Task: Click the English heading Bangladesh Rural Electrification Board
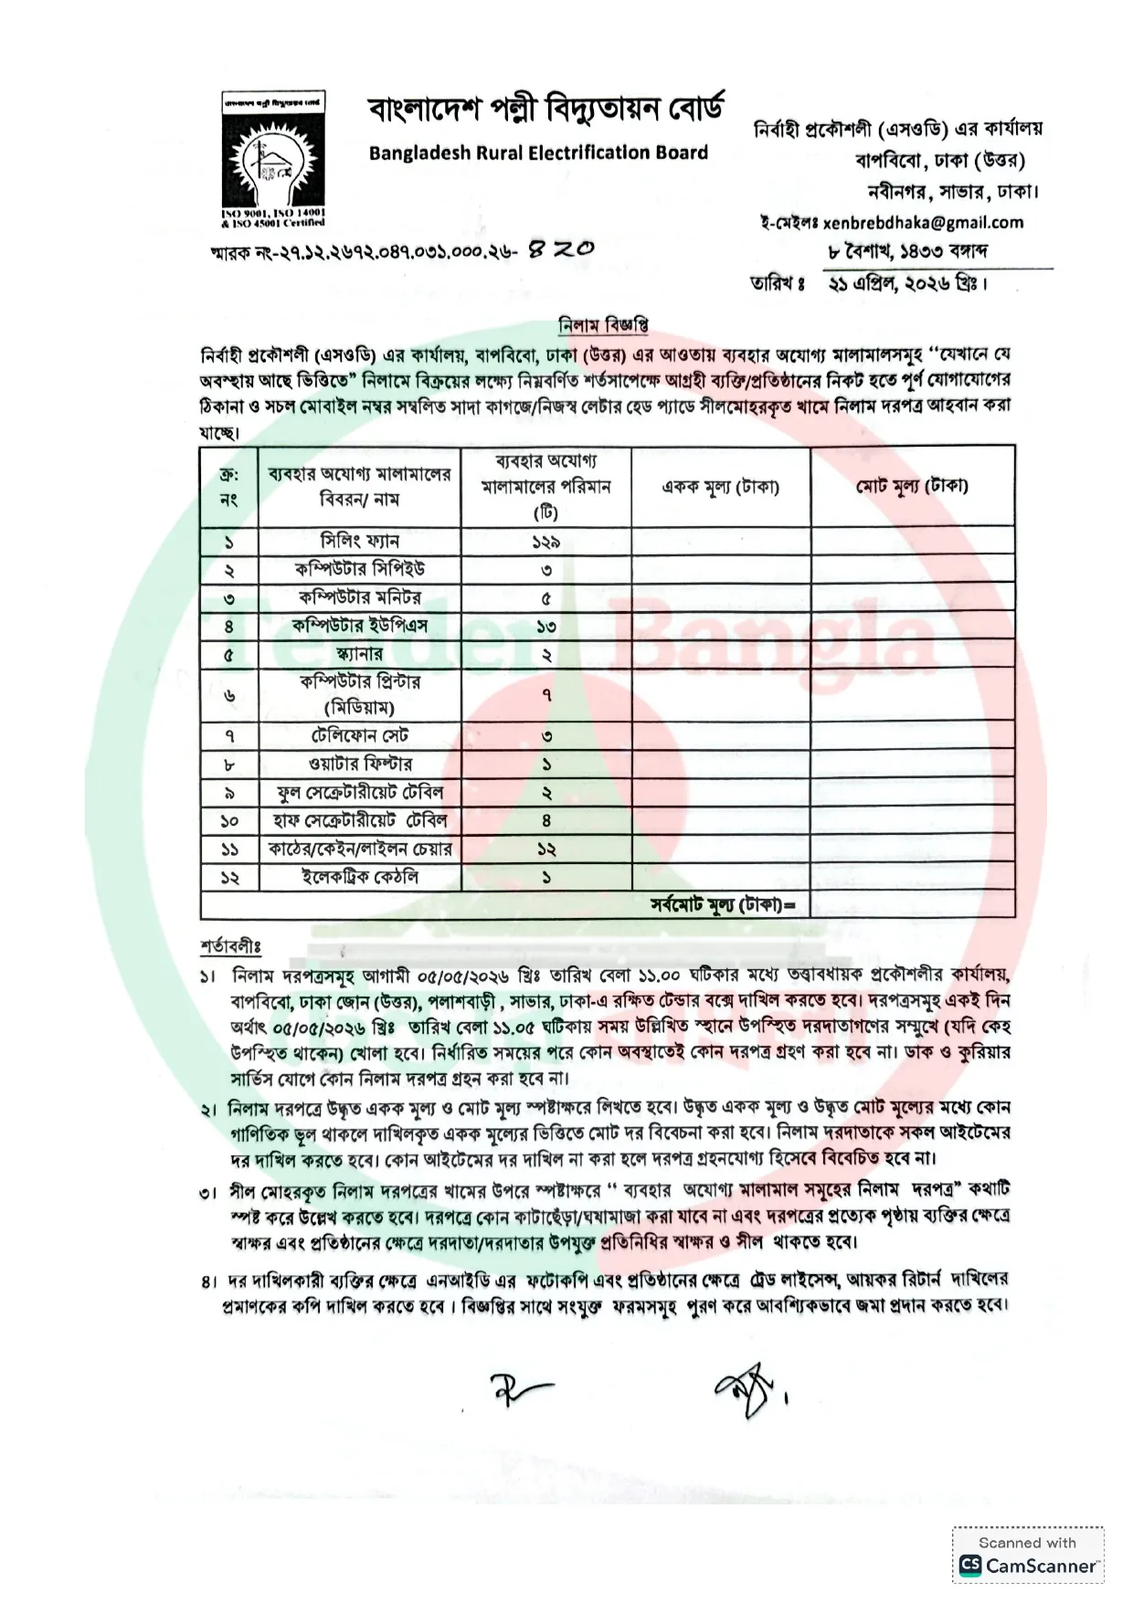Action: [538, 153]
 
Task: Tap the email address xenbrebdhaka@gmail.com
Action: [923, 222]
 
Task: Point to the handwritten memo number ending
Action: [562, 248]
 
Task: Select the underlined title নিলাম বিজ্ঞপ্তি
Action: [603, 324]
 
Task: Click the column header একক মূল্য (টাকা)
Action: [720, 487]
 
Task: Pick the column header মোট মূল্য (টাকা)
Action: [912, 486]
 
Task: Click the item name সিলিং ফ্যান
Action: [360, 541]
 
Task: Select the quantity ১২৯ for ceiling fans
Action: [545, 542]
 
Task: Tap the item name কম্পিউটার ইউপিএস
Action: [360, 626]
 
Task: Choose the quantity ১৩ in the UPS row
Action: [545, 627]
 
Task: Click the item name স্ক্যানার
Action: [360, 654]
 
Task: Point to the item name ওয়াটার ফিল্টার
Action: [360, 764]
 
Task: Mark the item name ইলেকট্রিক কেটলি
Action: [360, 877]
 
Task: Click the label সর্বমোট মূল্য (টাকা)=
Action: [723, 905]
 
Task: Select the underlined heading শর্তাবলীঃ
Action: [230, 946]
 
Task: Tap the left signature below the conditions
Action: [522, 1389]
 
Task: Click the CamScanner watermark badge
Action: [1028, 1556]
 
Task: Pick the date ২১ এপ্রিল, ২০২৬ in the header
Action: [907, 283]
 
